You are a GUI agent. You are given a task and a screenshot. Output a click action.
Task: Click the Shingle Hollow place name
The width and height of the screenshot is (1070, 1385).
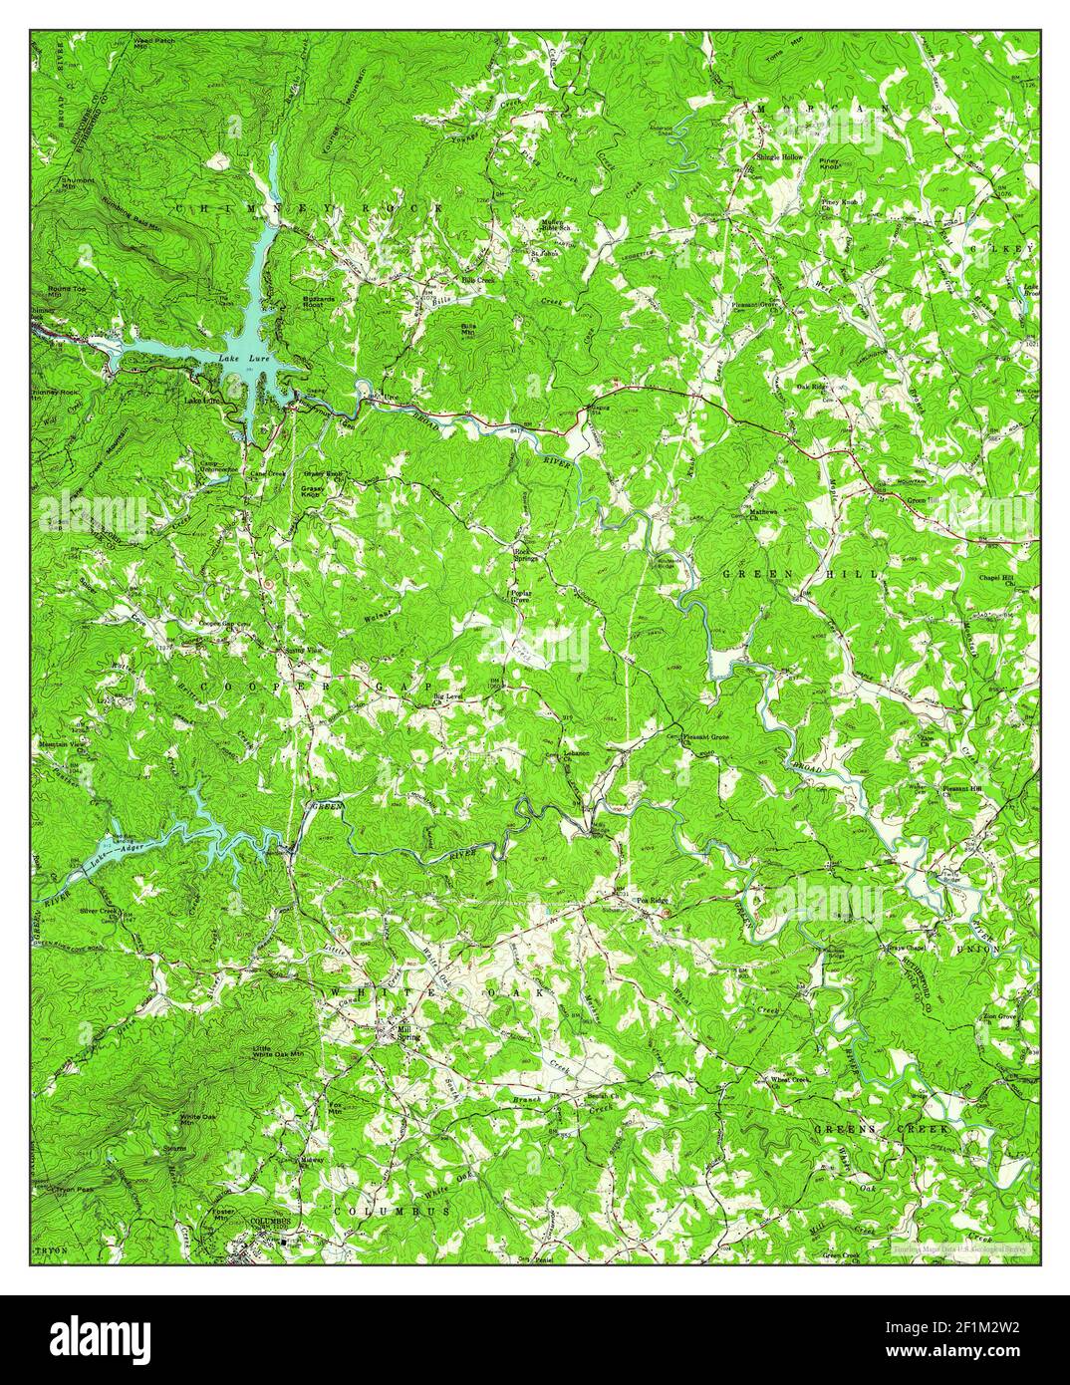pos(778,157)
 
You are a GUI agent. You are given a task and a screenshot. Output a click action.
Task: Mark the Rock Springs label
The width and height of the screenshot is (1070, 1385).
pos(525,555)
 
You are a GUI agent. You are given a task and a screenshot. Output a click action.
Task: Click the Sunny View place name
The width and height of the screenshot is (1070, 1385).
pos(304,650)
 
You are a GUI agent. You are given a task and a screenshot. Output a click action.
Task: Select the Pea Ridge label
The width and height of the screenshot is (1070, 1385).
pos(654,899)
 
